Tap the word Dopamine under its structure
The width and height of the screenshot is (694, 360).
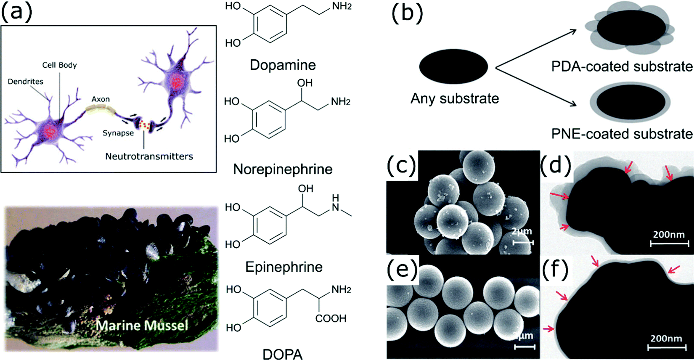[x=283, y=65]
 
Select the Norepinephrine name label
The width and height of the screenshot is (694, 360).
[x=283, y=169]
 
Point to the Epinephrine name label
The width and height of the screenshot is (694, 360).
[x=284, y=267]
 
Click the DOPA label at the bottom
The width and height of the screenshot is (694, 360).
[x=283, y=354]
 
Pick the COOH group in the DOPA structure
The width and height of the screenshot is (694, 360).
[x=331, y=319]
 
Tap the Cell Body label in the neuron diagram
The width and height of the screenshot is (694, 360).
[x=59, y=65]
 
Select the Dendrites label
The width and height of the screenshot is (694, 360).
[x=25, y=82]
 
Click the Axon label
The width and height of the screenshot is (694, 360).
[x=101, y=99]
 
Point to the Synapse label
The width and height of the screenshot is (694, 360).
[x=118, y=133]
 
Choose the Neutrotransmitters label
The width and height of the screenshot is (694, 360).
[x=149, y=156]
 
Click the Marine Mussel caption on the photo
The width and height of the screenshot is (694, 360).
[x=142, y=326]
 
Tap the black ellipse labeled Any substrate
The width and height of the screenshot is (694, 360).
[x=453, y=66]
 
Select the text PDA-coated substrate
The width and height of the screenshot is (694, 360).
[x=622, y=66]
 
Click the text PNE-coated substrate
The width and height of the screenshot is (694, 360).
[x=622, y=134]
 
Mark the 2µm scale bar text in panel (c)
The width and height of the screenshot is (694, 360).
[x=522, y=231]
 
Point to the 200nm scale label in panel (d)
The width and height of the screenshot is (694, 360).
[x=669, y=234]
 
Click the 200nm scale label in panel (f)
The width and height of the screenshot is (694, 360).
[x=666, y=339]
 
